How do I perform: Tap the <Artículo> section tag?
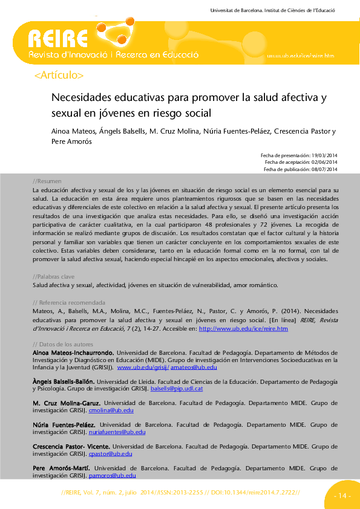pos(59,76)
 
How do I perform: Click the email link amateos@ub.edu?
pos(192,367)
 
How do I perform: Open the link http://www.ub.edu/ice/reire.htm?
pos(243,329)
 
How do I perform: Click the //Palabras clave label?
pos(54,276)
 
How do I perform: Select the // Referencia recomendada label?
pos(68,302)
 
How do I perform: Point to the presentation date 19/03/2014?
pos(324,155)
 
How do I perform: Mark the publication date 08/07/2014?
pos(324,169)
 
